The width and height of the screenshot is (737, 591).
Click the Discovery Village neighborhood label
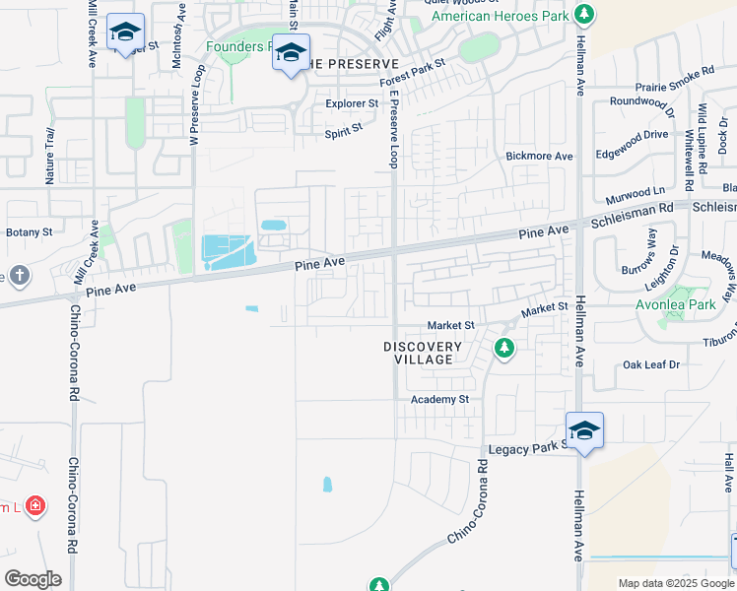click(423, 353)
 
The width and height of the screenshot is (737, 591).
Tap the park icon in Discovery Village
click(503, 348)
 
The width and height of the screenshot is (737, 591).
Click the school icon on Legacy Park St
click(583, 430)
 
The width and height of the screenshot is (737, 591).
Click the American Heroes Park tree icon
click(585, 14)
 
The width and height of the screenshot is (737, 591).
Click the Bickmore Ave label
click(539, 156)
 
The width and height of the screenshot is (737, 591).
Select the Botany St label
click(29, 232)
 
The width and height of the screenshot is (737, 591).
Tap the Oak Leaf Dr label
click(651, 364)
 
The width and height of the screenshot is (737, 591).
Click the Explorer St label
click(352, 103)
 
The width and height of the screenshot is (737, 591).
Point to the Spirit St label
click(344, 127)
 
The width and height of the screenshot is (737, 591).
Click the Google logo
click(33, 579)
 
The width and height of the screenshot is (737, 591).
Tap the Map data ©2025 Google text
click(675, 583)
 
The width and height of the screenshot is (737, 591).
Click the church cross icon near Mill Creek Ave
click(18, 275)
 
